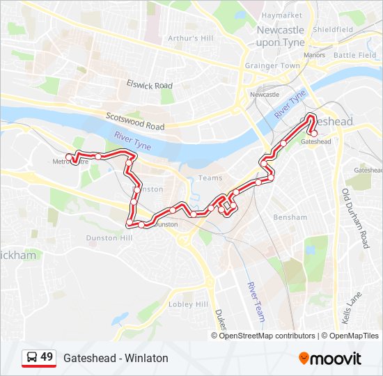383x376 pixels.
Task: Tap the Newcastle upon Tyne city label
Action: tap(281, 36)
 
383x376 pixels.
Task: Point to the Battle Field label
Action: tap(354, 55)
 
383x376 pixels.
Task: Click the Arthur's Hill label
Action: tap(191, 38)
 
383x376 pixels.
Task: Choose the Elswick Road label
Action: tap(149, 85)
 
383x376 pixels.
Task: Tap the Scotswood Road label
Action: tap(135, 122)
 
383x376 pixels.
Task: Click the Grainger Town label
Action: tap(272, 66)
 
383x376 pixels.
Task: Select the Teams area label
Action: tap(210, 178)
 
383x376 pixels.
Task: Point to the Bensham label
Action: tap(290, 217)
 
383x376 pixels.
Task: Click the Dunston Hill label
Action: tap(109, 238)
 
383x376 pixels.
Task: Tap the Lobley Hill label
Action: tap(188, 304)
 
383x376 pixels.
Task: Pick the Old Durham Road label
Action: tap(354, 217)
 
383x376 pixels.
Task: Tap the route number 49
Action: tap(47, 358)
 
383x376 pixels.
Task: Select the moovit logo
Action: tap(330, 358)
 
